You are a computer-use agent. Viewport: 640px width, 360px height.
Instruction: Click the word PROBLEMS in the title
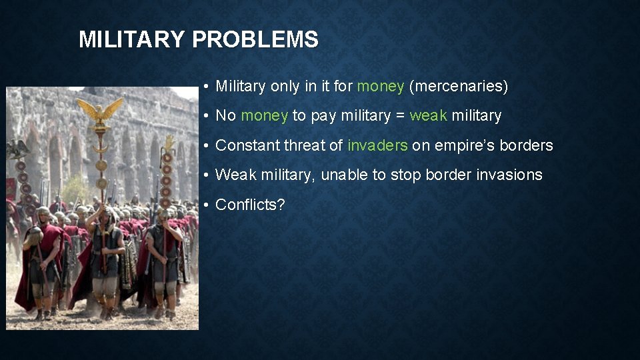click(255, 40)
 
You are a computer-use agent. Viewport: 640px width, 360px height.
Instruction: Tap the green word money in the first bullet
click(381, 86)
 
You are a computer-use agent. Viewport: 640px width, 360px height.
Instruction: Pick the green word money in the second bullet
click(264, 115)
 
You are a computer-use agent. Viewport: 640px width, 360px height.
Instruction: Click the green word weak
click(428, 115)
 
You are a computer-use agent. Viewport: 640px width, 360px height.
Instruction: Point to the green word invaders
click(377, 145)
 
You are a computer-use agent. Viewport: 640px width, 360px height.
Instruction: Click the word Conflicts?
click(250, 205)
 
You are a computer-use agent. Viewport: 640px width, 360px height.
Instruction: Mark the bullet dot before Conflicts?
click(208, 205)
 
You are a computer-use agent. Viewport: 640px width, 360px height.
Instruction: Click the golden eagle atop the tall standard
click(100, 110)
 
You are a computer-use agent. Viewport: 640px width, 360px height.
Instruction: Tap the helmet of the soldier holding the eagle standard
click(103, 212)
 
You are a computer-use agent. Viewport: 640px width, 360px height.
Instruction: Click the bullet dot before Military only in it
click(208, 87)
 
